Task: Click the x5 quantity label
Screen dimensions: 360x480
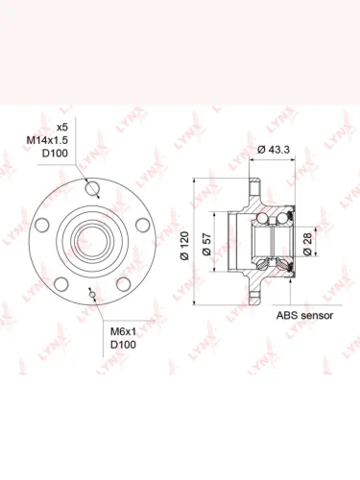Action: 62,127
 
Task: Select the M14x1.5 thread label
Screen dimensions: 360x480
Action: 47,140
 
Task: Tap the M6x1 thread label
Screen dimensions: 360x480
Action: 123,331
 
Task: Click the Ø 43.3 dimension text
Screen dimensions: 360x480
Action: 274,150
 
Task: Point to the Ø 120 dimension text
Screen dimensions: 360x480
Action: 185,246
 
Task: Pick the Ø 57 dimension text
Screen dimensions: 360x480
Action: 207,245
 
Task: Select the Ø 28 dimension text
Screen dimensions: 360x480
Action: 307,244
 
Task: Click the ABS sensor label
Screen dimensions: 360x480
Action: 304,316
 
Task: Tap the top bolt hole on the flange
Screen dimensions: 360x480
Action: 93,187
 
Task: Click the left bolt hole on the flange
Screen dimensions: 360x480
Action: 42,225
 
